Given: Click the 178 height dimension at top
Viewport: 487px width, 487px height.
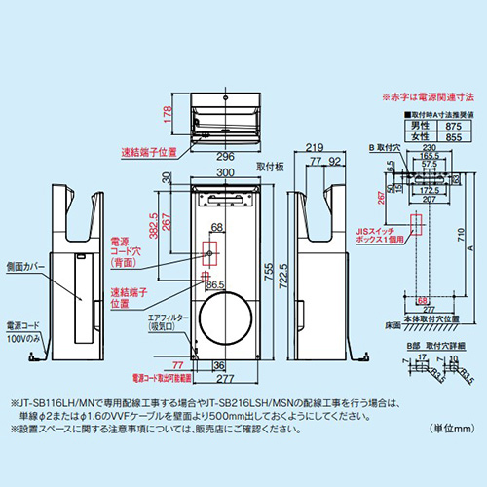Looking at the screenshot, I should click(x=167, y=115).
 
